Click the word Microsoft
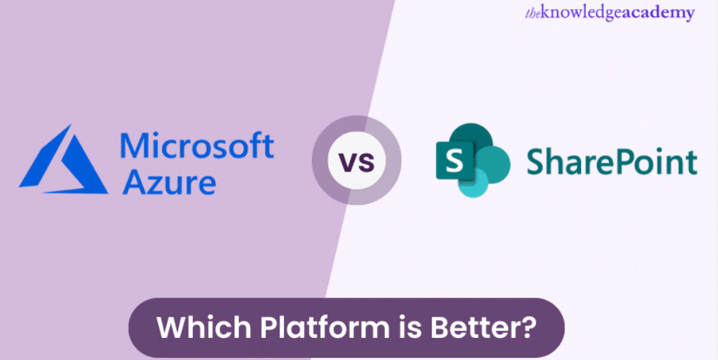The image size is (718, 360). tap(197, 146)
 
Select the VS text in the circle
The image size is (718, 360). tap(357, 161)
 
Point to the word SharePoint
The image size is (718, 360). tap(612, 162)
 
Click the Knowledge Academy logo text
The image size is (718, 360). tap(610, 13)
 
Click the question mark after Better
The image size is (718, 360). tap(528, 327)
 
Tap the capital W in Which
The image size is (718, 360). tap(173, 327)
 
